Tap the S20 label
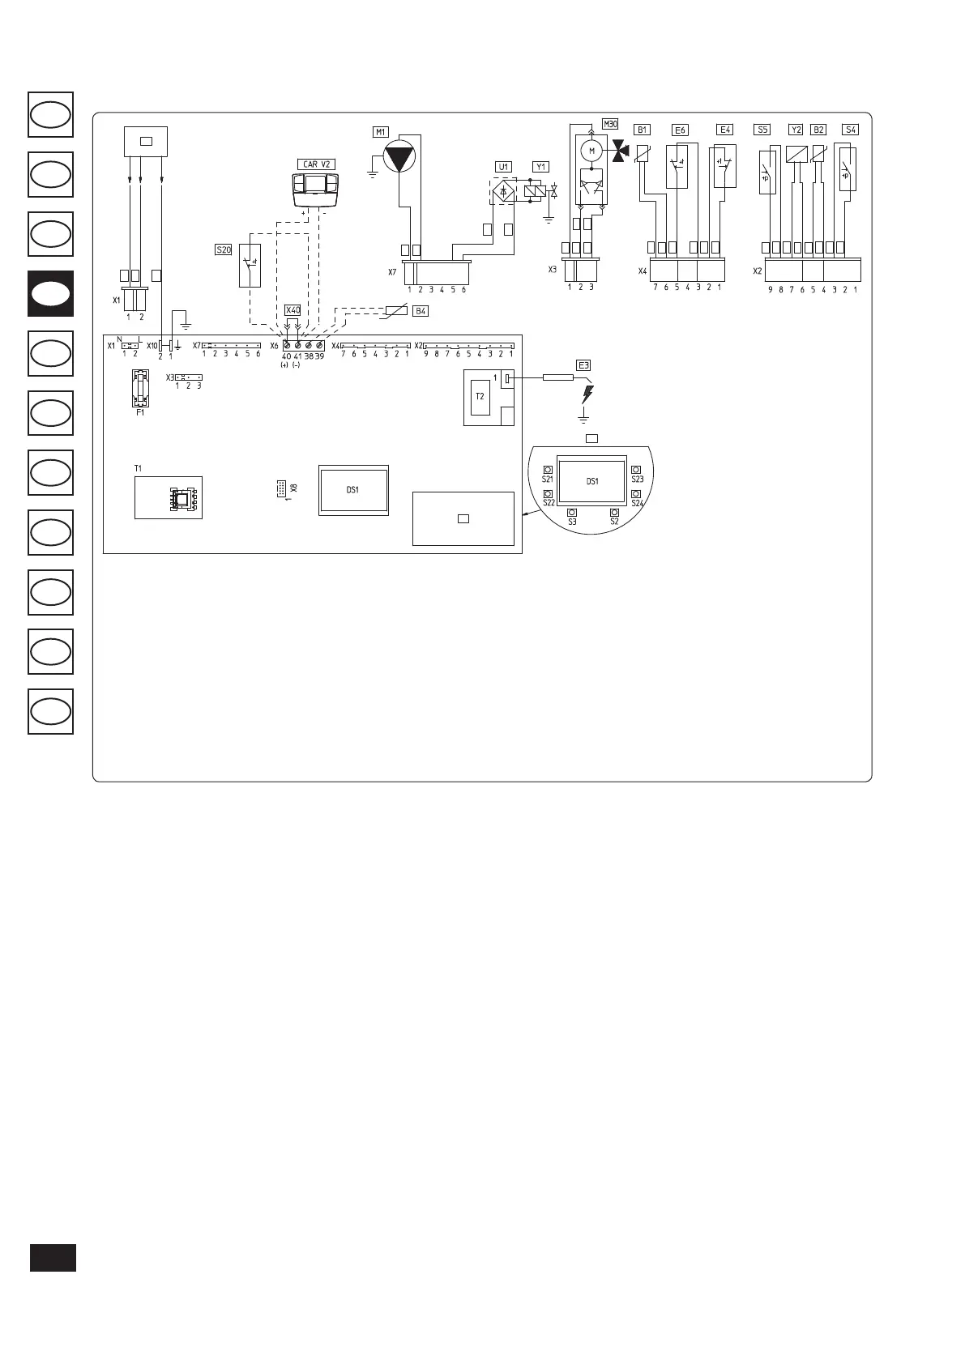click(x=224, y=250)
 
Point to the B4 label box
click(x=421, y=311)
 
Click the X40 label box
click(x=292, y=310)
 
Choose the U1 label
click(x=504, y=167)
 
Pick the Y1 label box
click(x=540, y=167)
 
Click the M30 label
click(x=610, y=125)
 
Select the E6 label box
click(x=680, y=130)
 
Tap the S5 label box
click(x=762, y=130)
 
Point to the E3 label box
click(x=583, y=364)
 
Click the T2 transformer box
click(x=480, y=396)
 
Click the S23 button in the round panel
click(x=637, y=469)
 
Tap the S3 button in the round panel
click(x=572, y=513)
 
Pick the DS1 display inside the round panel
click(x=592, y=481)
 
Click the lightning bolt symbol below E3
click(x=587, y=395)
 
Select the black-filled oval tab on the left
click(x=50, y=293)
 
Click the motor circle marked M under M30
click(x=591, y=150)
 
